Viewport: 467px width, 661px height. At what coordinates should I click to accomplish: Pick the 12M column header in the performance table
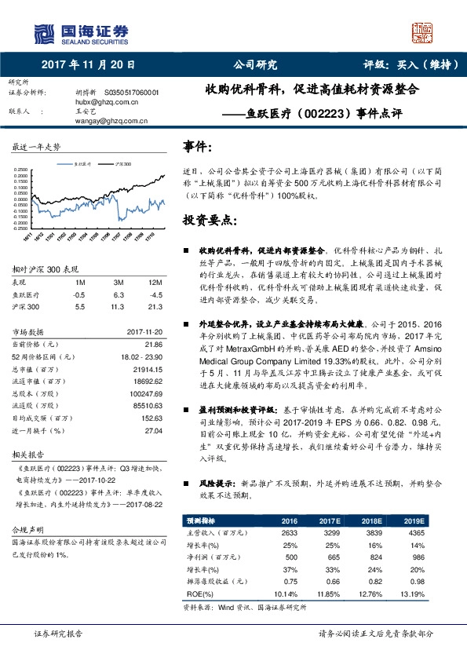[155, 282]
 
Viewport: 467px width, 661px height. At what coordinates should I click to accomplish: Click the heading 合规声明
[30, 530]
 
